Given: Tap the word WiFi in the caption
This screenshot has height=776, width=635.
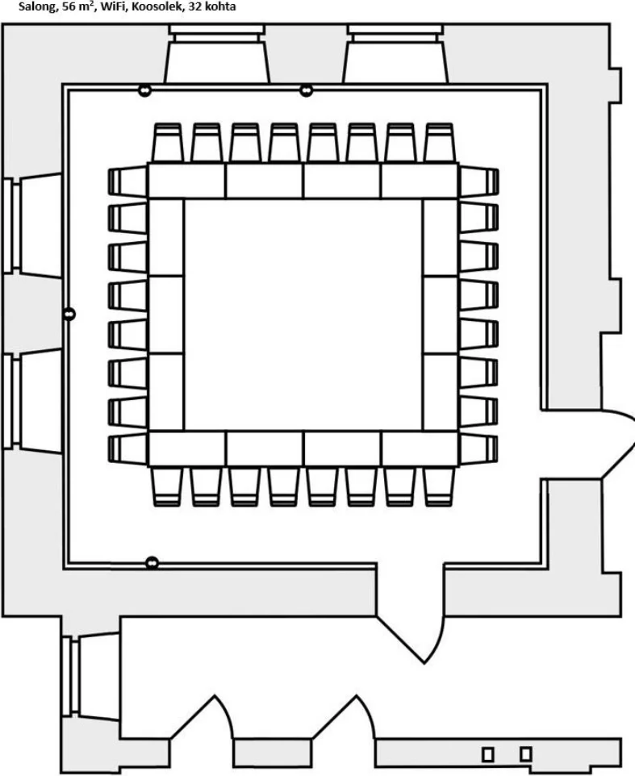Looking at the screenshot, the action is (x=113, y=6).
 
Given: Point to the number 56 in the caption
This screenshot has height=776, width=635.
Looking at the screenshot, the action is (x=69, y=6).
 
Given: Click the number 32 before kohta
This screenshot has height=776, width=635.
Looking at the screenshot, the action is (x=194, y=6).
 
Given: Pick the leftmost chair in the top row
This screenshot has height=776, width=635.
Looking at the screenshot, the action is (x=167, y=143).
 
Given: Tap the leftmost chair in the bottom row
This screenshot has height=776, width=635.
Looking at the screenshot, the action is (x=166, y=486).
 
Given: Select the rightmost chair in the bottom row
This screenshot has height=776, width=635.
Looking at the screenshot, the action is (x=438, y=486).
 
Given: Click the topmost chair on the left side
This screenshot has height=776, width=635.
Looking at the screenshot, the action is (x=127, y=182).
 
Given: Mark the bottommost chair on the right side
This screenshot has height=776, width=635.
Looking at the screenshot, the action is (x=478, y=449).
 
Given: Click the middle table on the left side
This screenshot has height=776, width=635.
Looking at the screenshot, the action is (x=165, y=315).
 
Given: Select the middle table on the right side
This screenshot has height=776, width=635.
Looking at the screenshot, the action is (x=441, y=315).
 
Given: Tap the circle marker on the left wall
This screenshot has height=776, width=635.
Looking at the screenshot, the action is (x=69, y=314).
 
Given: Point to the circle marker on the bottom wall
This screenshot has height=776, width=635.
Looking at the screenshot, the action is (x=152, y=563).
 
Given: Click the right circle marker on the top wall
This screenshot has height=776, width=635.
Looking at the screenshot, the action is (x=307, y=90).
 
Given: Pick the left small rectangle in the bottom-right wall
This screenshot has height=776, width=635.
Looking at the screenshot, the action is (x=488, y=754).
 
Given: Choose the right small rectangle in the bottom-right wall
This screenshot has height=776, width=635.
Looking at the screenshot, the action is (x=526, y=754).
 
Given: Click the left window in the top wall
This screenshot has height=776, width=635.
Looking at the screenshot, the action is (x=217, y=53).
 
